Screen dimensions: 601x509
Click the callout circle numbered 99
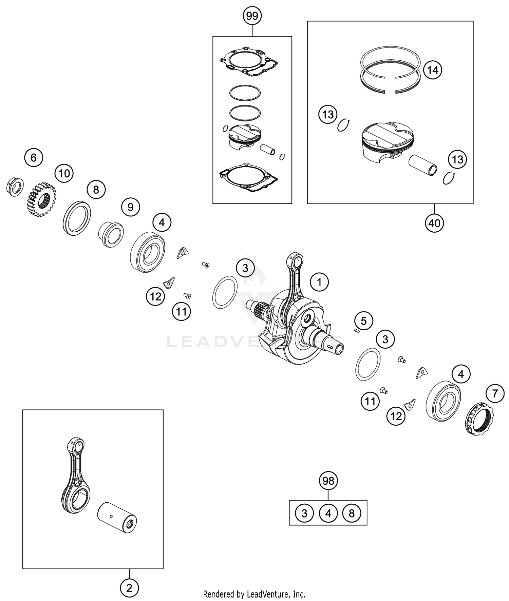252,16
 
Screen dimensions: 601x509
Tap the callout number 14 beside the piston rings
433,70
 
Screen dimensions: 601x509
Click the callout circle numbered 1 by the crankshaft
319,282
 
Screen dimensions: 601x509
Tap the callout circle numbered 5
363,321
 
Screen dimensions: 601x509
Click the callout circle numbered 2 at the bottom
129,587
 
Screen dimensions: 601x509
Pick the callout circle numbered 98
328,481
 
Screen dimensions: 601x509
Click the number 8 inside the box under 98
352,513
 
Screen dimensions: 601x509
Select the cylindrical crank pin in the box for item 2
117,517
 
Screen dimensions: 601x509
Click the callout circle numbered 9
131,207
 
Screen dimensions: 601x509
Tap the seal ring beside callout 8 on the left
77,218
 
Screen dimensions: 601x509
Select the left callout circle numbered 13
328,114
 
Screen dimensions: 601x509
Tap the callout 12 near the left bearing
155,296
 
